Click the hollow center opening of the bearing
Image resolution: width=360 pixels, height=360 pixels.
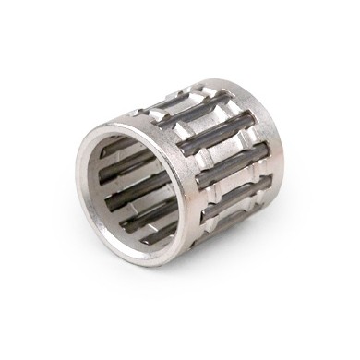pos(138,189)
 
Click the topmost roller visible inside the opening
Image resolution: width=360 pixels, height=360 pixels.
pos(129,148)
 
